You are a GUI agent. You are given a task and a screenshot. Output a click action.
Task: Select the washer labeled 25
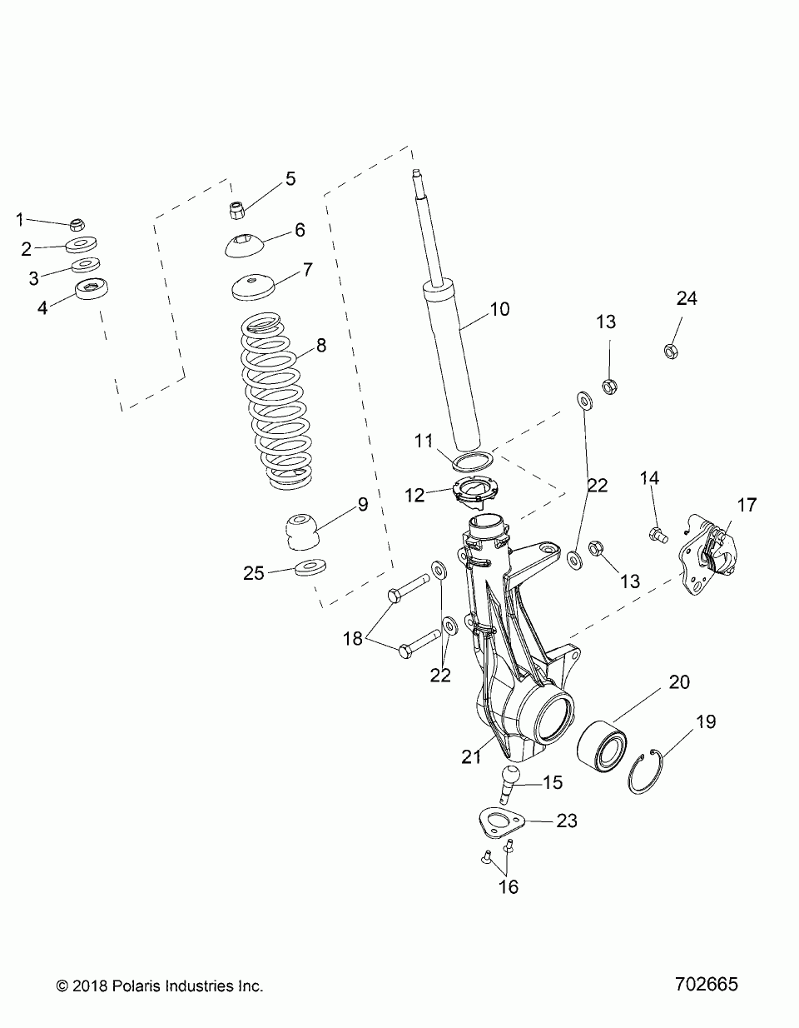pyautogui.click(x=310, y=569)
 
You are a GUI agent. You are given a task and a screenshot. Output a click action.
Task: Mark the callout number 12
pyautogui.click(x=439, y=495)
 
